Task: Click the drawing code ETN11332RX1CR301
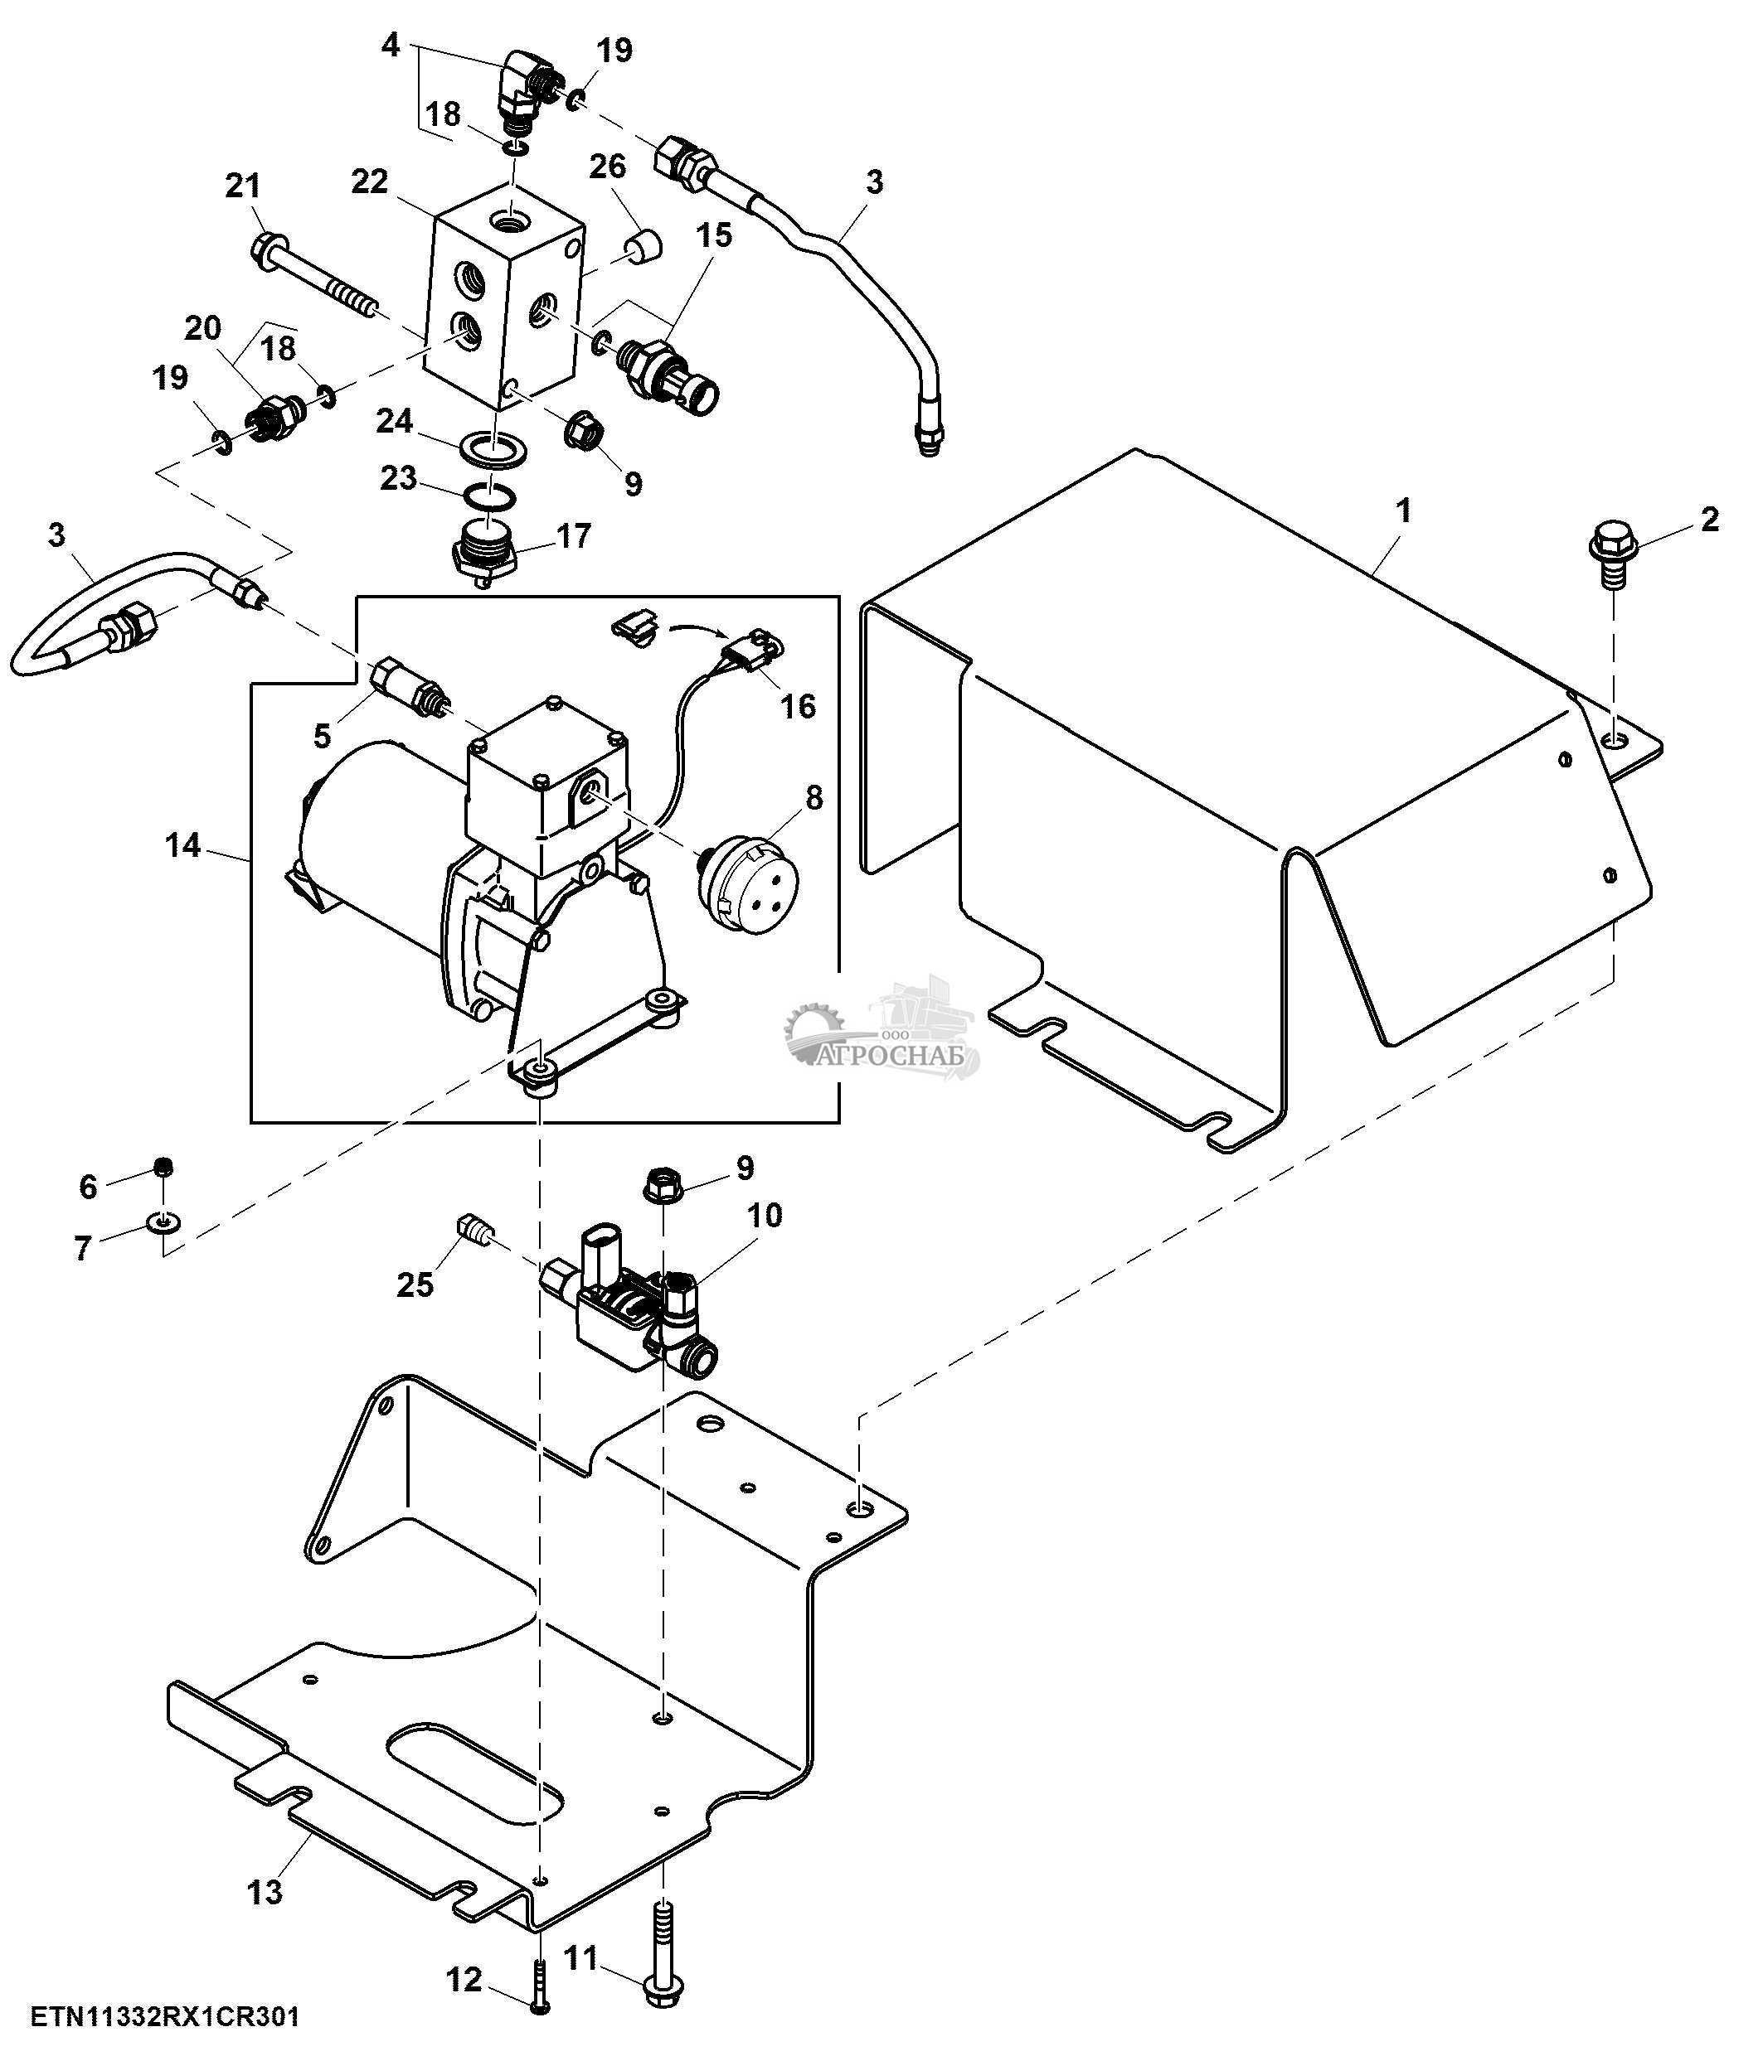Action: click(165, 2016)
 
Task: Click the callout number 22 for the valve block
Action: click(369, 182)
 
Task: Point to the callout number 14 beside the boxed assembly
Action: click(182, 846)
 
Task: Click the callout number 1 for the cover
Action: click(1402, 512)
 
